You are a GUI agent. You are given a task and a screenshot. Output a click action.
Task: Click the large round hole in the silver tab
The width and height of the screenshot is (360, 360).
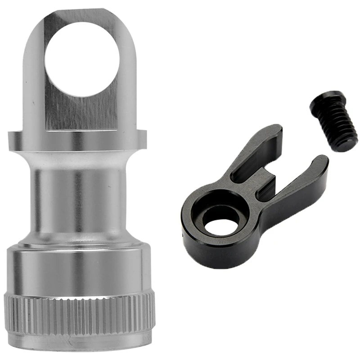point(82,58)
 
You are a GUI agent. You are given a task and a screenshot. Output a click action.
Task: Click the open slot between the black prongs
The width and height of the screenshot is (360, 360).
point(288,166)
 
